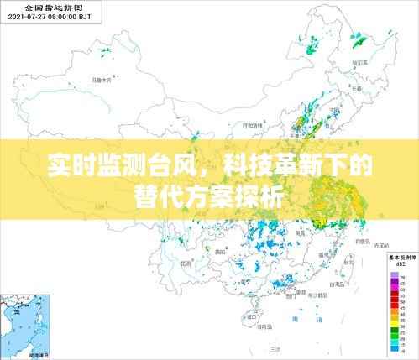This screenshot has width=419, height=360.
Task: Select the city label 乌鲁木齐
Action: (x=102, y=81)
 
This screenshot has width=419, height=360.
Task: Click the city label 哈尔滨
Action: (x=362, y=61)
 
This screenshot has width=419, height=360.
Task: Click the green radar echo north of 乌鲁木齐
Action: (x=106, y=53)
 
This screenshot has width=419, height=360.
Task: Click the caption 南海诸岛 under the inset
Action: (x=39, y=355)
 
